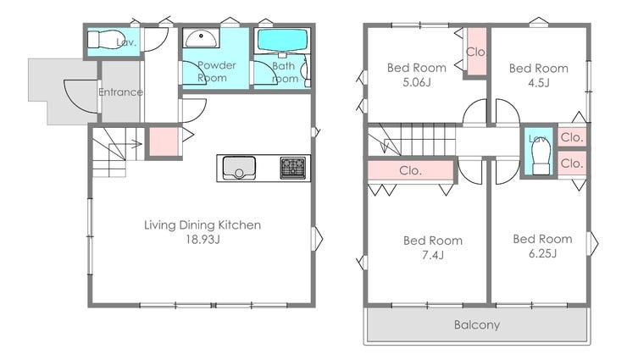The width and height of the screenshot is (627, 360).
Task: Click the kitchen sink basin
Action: pos(239,168)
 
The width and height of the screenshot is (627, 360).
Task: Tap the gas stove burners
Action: pos(292,168)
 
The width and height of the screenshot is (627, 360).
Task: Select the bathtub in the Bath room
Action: pos(282,41)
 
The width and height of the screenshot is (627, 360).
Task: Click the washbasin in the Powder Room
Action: pos(201,38)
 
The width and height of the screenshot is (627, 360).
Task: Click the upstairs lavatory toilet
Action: pos(541,158)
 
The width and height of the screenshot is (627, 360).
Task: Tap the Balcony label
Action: pos(477,324)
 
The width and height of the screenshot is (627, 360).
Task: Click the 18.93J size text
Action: pos(203,240)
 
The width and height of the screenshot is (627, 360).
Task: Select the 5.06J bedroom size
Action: pos(417,82)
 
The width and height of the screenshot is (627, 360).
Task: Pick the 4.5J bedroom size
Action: pos(539,83)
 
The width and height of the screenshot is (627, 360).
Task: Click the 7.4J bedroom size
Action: pos(433,255)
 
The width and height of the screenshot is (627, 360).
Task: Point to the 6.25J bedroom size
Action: pos(542,253)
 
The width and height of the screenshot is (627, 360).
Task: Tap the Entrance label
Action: pos(121,91)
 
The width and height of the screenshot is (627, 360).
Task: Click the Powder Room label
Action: pos(217,71)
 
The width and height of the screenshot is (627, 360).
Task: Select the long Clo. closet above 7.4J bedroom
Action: pos(411,170)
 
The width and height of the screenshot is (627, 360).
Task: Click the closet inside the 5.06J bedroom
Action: pos(476,51)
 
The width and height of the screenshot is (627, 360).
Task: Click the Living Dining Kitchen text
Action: pos(203,225)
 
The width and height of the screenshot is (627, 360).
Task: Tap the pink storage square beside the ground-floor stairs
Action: pos(164,141)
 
